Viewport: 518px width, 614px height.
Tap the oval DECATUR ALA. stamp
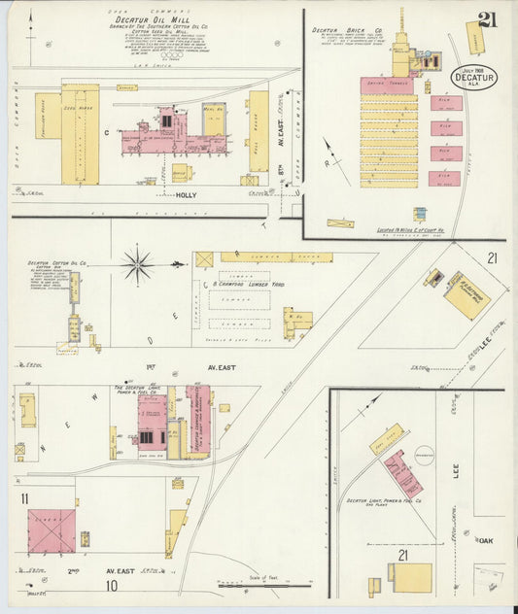pos(473,78)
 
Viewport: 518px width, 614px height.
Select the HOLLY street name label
pos(187,195)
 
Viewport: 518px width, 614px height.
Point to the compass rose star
pos(137,262)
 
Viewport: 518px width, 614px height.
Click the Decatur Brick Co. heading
pos(339,30)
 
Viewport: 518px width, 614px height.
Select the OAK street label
pos(486,540)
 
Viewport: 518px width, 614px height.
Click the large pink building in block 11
pos(52,530)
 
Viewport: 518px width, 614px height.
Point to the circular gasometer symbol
pos(424,454)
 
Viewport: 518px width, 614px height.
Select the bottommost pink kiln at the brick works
pos(446,178)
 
